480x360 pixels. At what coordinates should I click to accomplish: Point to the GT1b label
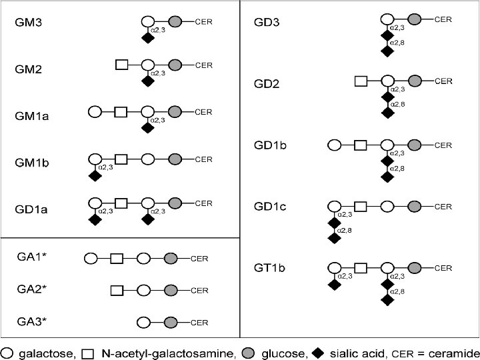pyautogui.click(x=270, y=268)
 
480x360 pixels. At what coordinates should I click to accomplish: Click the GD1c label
pyautogui.click(x=271, y=207)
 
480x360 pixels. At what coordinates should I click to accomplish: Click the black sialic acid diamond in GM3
pyautogui.click(x=147, y=38)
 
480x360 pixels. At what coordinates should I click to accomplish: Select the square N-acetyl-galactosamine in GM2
pyautogui.click(x=121, y=65)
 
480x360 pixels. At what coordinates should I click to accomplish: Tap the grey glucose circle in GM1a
pyautogui.click(x=175, y=112)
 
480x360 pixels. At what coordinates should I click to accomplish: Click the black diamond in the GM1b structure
pyautogui.click(x=95, y=175)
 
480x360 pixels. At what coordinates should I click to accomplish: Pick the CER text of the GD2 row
pyautogui.click(x=443, y=81)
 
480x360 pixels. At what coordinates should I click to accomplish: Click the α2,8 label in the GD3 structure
pyautogui.click(x=397, y=41)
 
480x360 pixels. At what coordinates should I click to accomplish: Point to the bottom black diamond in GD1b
pyautogui.click(x=387, y=177)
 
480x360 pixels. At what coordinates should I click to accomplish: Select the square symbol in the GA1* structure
pyautogui.click(x=117, y=257)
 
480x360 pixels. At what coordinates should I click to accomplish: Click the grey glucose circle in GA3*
pyautogui.click(x=170, y=322)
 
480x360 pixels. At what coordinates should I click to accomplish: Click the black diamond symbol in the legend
pyautogui.click(x=319, y=351)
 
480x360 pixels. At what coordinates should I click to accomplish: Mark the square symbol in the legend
pyautogui.click(x=87, y=351)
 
